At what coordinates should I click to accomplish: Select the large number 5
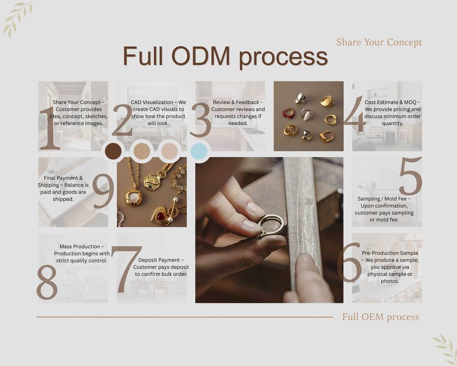coord(410,176)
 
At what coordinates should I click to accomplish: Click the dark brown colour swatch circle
coord(113,151)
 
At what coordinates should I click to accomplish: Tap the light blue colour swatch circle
coord(199,151)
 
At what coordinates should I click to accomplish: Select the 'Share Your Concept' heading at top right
coord(379,42)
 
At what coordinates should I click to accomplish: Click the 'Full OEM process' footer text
coord(380,317)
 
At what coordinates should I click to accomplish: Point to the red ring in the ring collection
coord(288,113)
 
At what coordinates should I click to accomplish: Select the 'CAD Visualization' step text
coord(158,112)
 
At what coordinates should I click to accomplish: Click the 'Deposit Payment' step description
coord(161,267)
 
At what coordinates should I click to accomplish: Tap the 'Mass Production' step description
coord(82,254)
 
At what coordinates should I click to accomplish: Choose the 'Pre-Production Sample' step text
coord(390,267)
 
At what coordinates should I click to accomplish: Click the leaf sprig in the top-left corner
coord(18,18)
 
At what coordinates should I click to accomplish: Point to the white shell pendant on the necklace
coord(134,198)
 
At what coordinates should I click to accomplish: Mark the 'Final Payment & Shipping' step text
coord(63,189)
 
